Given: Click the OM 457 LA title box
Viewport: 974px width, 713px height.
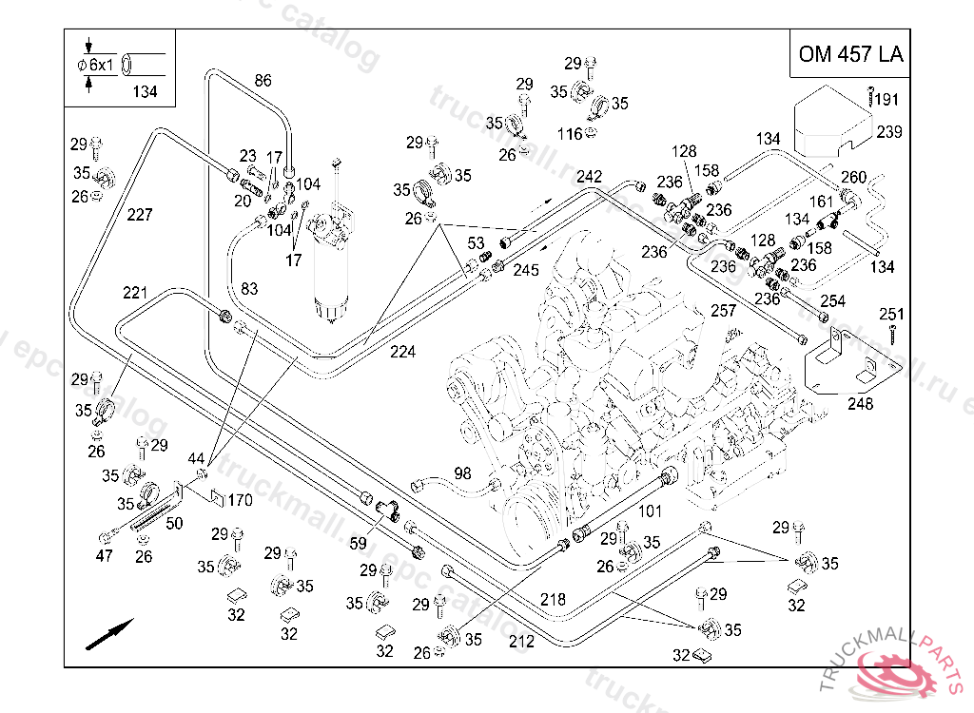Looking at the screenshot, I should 850,54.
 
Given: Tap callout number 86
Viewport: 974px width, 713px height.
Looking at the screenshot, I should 263,81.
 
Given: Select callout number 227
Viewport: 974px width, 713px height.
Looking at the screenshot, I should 139,215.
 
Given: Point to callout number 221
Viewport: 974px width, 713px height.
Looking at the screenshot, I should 135,291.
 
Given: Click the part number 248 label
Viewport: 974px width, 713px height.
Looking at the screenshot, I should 861,404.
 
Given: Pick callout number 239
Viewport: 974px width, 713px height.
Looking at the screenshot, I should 889,132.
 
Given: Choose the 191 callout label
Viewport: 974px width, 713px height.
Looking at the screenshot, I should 886,100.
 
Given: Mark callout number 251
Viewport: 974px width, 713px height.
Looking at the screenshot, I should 891,315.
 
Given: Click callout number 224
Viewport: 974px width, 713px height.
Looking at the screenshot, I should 402,352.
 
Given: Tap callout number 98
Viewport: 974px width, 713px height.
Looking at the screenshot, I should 462,473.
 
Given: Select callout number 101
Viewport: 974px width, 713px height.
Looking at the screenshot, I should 650,511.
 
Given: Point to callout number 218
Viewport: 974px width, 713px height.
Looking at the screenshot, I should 553,600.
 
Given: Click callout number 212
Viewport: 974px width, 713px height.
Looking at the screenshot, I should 521,642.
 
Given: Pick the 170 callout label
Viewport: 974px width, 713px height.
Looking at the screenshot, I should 240,500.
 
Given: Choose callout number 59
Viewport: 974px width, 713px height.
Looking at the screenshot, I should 358,544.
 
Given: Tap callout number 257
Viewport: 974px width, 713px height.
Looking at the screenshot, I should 724,311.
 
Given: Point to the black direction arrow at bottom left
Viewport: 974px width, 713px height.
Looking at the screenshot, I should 109,634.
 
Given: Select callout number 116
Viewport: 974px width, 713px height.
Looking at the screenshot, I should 570,134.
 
